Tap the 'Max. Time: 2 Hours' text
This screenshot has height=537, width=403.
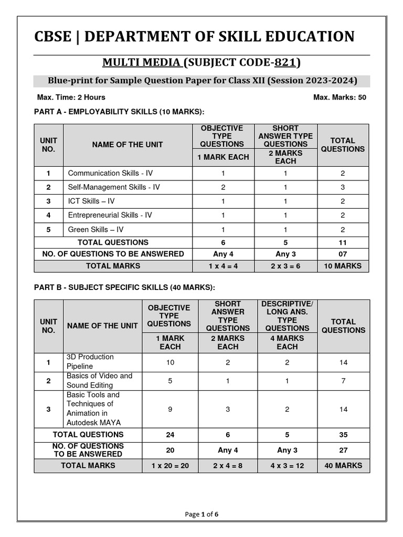[x=71, y=97]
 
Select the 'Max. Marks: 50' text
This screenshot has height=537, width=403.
[x=340, y=97]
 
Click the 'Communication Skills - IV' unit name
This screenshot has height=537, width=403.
[x=110, y=173]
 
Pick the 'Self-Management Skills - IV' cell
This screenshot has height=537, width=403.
[x=114, y=187]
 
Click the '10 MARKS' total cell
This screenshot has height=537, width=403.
[x=343, y=266]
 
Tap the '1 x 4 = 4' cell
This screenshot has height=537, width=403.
[x=223, y=266]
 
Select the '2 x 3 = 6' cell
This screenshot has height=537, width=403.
[x=286, y=266]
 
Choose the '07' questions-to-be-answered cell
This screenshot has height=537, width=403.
[x=343, y=254]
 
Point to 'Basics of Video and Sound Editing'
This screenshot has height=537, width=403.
[x=99, y=381]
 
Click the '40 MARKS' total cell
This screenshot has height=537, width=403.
[x=343, y=465]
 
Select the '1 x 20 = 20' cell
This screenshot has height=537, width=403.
[x=170, y=465]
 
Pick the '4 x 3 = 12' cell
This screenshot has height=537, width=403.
[x=287, y=465]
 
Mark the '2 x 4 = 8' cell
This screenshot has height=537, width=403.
[x=228, y=465]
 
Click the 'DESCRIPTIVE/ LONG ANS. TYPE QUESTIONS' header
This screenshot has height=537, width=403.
[x=287, y=316]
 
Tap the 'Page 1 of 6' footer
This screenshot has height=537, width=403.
[x=201, y=514]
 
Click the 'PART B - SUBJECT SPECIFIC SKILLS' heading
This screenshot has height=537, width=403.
[x=124, y=287]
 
